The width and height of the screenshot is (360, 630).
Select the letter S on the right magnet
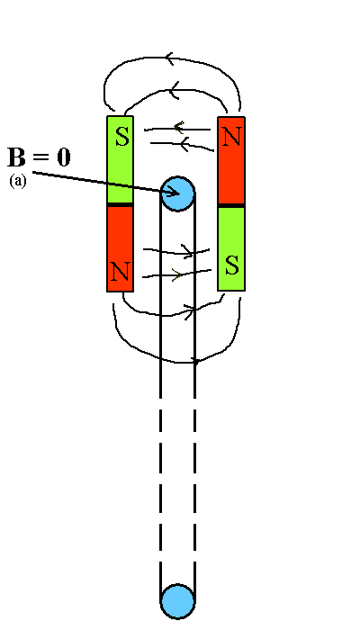pyautogui.click(x=232, y=265)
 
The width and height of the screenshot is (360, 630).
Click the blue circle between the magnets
pyautogui.click(x=177, y=193)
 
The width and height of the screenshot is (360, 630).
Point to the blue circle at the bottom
pyautogui.click(x=177, y=601)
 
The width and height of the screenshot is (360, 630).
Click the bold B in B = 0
pyautogui.click(x=16, y=157)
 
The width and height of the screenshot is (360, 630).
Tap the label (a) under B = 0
pyautogui.click(x=18, y=181)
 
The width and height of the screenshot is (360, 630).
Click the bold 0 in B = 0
pyautogui.click(x=64, y=157)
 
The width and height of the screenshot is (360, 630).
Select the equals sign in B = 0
pyautogui.click(x=41, y=157)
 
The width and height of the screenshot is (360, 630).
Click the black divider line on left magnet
pyautogui.click(x=120, y=205)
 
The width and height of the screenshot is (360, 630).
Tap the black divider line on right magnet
pyautogui.click(x=231, y=206)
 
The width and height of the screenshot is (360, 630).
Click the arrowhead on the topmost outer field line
pyautogui.click(x=169, y=58)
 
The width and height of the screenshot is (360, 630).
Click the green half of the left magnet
pyautogui.click(x=120, y=159)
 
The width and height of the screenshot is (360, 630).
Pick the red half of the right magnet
pyautogui.click(x=231, y=160)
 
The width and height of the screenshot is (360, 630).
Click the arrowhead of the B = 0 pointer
pyautogui.click(x=174, y=193)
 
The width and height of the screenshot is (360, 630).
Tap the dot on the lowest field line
pyautogui.click(x=196, y=362)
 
